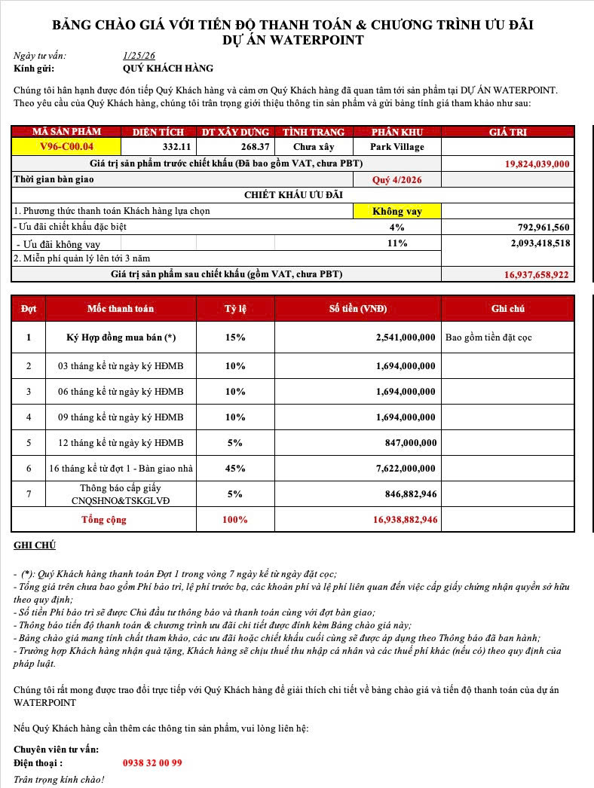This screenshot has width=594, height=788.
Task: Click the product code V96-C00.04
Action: click(x=66, y=146)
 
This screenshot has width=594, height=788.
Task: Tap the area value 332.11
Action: click(x=173, y=146)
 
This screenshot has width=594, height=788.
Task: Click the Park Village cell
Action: click(x=397, y=146)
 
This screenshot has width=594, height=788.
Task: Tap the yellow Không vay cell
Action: click(x=397, y=212)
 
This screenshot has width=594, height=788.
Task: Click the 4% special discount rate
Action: click(x=397, y=227)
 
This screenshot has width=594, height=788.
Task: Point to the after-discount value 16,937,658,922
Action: click(x=536, y=275)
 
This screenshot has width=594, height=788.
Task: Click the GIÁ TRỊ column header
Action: click(x=508, y=132)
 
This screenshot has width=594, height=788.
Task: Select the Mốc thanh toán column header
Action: click(x=121, y=309)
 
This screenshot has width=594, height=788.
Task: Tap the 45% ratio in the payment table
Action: click(x=235, y=468)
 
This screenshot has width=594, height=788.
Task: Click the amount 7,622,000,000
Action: click(x=406, y=468)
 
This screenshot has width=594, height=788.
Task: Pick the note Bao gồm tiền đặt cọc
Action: click(x=488, y=337)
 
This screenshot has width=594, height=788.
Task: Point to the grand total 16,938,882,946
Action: click(x=405, y=520)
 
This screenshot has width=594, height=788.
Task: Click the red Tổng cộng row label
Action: click(x=104, y=520)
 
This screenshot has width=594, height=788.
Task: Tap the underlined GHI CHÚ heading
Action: click(x=35, y=545)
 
